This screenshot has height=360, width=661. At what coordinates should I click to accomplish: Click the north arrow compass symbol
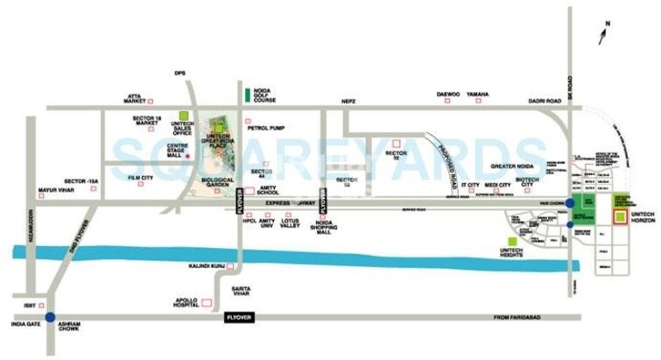click(x=602, y=34)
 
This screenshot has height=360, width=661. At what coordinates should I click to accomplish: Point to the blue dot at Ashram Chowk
click(x=51, y=317)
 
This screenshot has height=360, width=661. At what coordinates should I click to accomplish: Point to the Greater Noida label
click(x=514, y=166)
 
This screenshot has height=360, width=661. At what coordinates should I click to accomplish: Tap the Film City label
click(x=140, y=179)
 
